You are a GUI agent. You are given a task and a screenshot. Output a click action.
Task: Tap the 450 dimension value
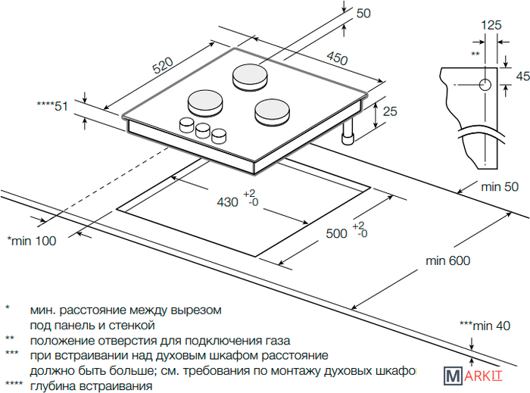(x=338, y=58)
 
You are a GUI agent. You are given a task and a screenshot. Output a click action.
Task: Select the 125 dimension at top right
(x=491, y=25)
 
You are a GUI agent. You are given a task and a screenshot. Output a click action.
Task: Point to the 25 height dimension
(x=390, y=112)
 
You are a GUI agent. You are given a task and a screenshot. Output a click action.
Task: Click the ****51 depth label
(x=52, y=106)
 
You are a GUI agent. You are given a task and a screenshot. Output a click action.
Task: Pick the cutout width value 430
(x=227, y=202)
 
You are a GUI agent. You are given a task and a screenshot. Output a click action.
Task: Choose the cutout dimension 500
(x=337, y=233)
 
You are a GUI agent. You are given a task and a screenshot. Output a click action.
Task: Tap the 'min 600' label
(x=447, y=261)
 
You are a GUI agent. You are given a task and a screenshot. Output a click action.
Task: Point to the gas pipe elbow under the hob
(x=348, y=136)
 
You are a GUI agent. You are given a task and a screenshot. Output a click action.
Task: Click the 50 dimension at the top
(x=363, y=13)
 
